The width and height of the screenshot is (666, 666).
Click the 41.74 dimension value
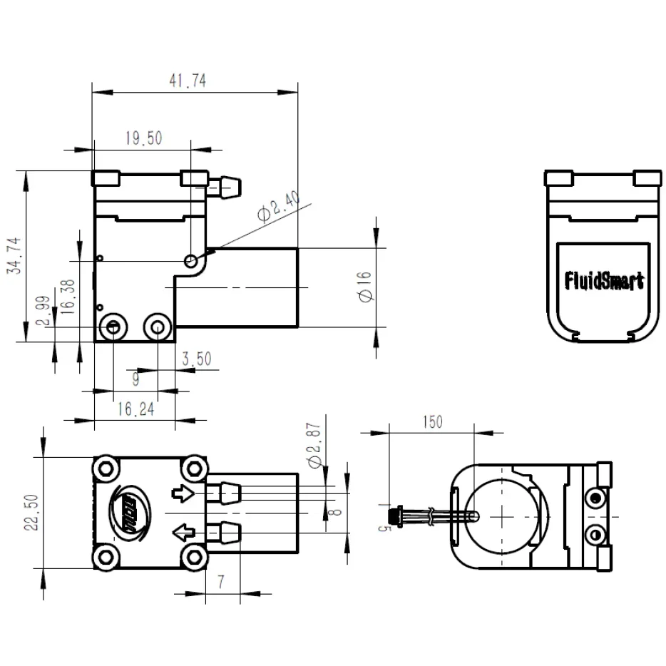(x=188, y=81)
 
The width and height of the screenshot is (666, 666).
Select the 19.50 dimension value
(x=143, y=138)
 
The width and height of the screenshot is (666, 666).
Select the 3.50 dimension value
(x=196, y=359)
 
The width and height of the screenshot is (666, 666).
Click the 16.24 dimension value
(x=136, y=409)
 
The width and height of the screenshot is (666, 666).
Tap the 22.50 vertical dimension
(x=29, y=513)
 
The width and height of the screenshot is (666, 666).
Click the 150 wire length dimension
(x=432, y=421)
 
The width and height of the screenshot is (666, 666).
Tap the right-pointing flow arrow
(x=183, y=493)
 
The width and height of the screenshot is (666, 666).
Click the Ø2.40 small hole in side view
(x=190, y=262)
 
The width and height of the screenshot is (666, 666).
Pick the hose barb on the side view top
(x=226, y=188)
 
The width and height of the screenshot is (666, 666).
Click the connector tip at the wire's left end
(x=393, y=516)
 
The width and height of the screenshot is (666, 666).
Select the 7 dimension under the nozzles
(x=221, y=582)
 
